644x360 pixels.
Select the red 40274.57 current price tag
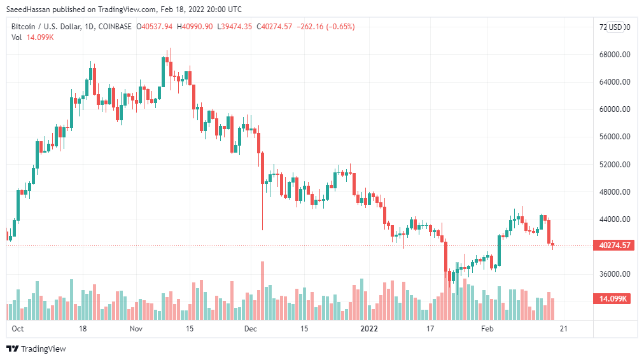click(x=614, y=246)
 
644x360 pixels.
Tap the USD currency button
click(x=615, y=27)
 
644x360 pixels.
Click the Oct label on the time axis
click(x=18, y=329)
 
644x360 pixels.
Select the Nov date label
click(x=136, y=329)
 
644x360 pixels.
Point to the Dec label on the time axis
click(x=250, y=329)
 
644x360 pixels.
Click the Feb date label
click(x=487, y=329)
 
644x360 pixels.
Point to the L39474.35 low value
click(x=234, y=27)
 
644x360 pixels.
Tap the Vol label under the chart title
click(x=17, y=38)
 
